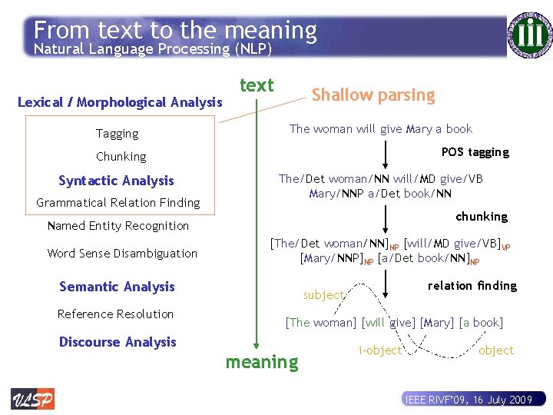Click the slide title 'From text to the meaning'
click(175, 30)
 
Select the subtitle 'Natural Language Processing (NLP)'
click(152, 49)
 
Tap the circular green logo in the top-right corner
click(530, 34)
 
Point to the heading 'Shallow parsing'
click(373, 95)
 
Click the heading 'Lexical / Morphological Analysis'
click(119, 102)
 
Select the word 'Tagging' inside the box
click(117, 134)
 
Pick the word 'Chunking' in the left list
click(121, 157)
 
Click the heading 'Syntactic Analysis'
click(116, 181)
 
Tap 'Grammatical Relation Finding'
click(118, 203)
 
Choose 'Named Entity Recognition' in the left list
click(118, 226)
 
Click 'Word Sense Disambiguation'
click(122, 254)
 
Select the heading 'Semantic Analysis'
click(117, 287)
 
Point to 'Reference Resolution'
click(115, 314)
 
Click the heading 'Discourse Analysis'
click(118, 342)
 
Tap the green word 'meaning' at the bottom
click(261, 362)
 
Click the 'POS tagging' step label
click(475, 152)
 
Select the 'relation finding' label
click(472, 286)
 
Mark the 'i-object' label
click(379, 350)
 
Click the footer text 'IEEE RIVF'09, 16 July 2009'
click(468, 400)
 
